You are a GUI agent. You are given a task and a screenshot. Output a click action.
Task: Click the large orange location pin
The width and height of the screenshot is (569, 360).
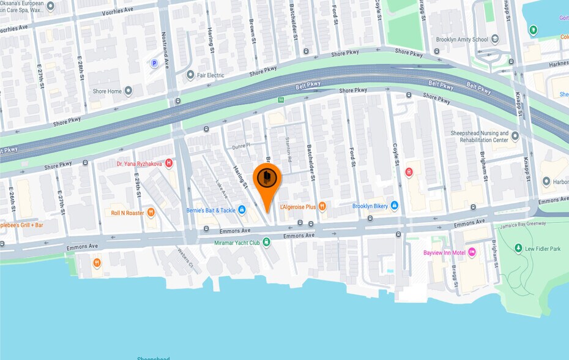tap(267, 179)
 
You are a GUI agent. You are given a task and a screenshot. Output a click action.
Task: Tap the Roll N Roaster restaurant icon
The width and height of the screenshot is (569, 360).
tap(151, 212)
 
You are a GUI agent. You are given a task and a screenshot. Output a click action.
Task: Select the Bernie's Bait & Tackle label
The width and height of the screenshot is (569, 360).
tap(210, 210)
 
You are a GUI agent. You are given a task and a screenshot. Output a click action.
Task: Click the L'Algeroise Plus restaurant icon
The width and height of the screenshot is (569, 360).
tap(322, 206)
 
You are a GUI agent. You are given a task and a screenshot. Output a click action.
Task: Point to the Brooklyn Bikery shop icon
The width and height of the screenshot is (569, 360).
tap(395, 206)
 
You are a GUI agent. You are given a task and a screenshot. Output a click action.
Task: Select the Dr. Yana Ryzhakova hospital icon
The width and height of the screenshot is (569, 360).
tap(169, 163)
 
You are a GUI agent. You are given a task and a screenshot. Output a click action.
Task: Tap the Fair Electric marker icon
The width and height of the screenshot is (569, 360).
tap(190, 75)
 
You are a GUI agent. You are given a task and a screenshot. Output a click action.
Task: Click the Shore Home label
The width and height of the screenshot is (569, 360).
tap(107, 91)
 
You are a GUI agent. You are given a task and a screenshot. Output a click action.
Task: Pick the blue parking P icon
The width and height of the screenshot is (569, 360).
tap(154, 62)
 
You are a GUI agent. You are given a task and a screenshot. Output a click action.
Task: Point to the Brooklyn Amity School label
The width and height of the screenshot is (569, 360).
tap(462, 39)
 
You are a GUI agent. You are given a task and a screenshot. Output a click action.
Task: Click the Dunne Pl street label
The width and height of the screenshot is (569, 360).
tap(242, 146)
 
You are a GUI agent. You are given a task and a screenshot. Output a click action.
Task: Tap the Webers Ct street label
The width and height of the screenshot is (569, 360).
tap(185, 257)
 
